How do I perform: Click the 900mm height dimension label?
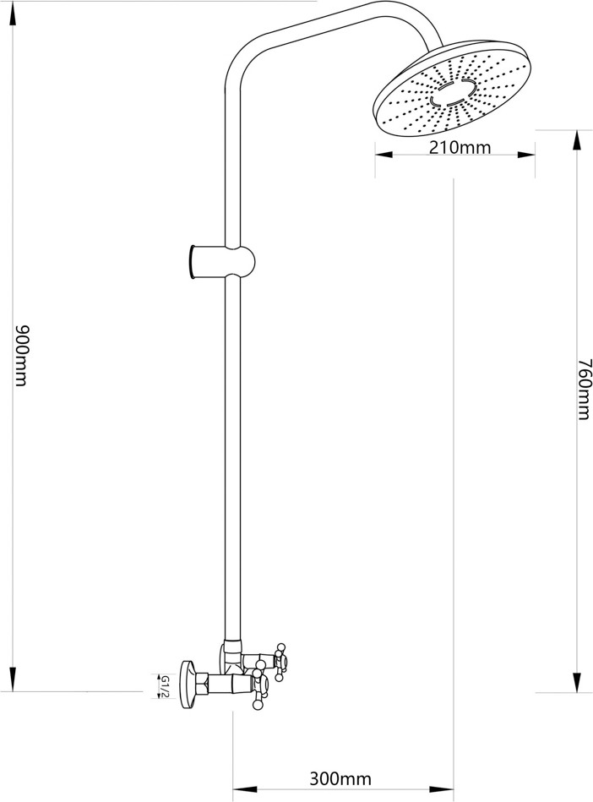pos(22,355)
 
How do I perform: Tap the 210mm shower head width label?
pos(460,149)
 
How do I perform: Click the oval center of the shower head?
pos(454,91)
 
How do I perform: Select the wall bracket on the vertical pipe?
pos(220,261)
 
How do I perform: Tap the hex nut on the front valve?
pos(205,683)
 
